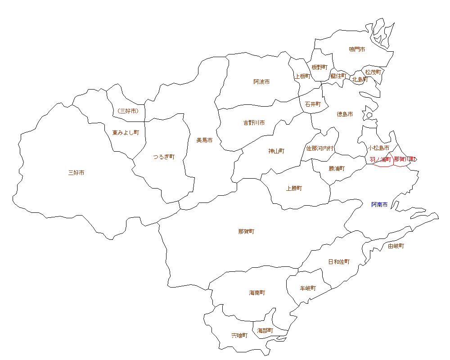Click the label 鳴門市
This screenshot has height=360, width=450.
pos(357,49)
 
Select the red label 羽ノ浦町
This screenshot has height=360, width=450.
pos(380,159)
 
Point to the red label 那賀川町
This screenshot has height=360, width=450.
pos(405,159)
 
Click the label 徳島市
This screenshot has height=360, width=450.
pos(345,114)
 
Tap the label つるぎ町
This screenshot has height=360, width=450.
pos(163,157)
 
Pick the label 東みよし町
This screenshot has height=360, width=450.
pos(126,133)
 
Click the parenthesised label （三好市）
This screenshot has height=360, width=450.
pos(127,111)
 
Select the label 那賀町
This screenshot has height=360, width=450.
pos(246,232)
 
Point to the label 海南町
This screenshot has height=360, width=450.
pos(257,293)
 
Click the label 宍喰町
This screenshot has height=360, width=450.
pos(239,336)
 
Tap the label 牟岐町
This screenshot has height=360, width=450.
pos(308,288)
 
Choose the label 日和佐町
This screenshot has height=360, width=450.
pos(338,261)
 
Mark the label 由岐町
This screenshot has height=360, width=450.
pos(396,246)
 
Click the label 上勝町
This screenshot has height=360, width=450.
pos(294,189)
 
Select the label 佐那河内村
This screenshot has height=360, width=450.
pos(320,148)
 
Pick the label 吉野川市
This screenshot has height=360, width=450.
pos(254,122)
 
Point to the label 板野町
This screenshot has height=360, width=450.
pos(319,67)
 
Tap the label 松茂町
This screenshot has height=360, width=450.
pos(373,72)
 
